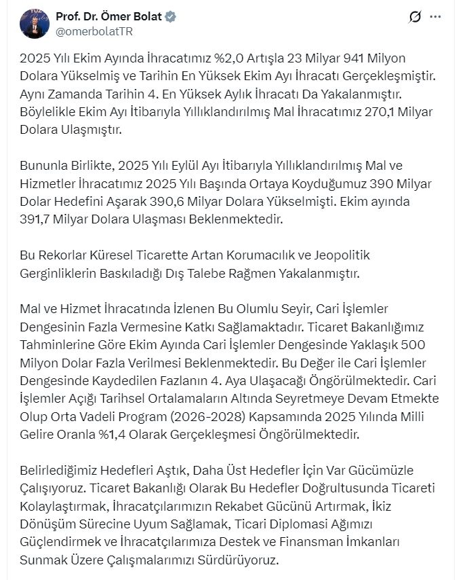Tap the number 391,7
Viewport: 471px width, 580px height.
click(x=41, y=220)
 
